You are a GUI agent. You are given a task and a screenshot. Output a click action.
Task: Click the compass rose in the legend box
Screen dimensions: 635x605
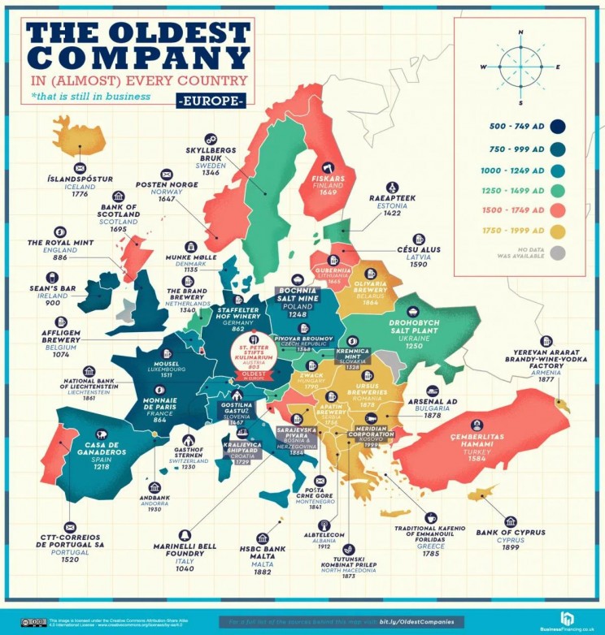point(520,66)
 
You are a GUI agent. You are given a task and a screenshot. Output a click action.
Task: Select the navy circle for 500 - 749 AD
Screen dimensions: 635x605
point(557,126)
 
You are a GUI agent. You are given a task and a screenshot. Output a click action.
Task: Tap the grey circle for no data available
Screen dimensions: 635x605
point(557,253)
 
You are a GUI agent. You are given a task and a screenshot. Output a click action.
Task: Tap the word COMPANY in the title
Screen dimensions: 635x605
point(137,58)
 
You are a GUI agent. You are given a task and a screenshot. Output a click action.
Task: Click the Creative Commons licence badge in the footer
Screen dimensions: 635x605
point(33,621)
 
